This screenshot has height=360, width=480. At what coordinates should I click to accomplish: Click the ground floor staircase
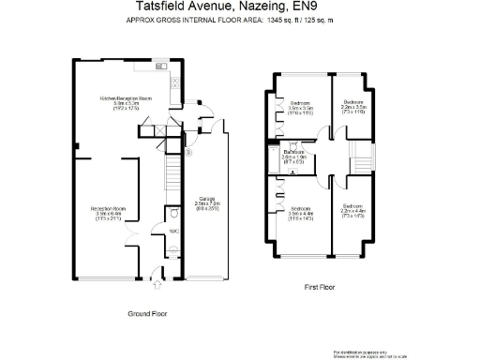[x=171, y=174]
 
